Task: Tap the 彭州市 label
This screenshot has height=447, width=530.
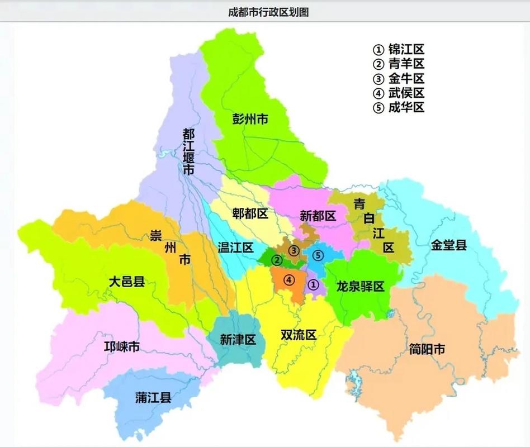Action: click(x=250, y=118)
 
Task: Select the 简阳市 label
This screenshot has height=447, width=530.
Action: click(x=427, y=350)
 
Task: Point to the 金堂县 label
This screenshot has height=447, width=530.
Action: click(x=448, y=245)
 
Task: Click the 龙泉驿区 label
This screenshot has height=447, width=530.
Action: click(x=361, y=287)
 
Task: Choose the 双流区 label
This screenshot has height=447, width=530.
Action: click(x=299, y=335)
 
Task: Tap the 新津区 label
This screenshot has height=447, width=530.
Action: click(x=238, y=339)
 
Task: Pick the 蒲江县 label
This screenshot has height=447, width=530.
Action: click(x=153, y=398)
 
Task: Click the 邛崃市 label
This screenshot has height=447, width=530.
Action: click(x=122, y=347)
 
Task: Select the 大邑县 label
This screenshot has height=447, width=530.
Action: click(x=127, y=282)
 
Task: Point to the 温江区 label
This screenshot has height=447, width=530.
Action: click(x=236, y=248)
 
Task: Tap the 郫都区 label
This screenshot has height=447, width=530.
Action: click(x=250, y=214)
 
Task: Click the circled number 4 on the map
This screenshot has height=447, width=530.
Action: click(x=288, y=280)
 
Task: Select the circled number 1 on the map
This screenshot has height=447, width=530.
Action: click(x=313, y=284)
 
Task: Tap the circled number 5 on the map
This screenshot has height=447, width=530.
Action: click(x=318, y=255)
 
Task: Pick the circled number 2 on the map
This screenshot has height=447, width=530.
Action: click(x=276, y=259)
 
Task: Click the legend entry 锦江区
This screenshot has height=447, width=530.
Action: click(x=399, y=49)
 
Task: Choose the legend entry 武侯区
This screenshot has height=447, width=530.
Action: click(x=399, y=93)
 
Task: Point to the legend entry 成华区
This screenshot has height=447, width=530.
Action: click(x=399, y=107)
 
